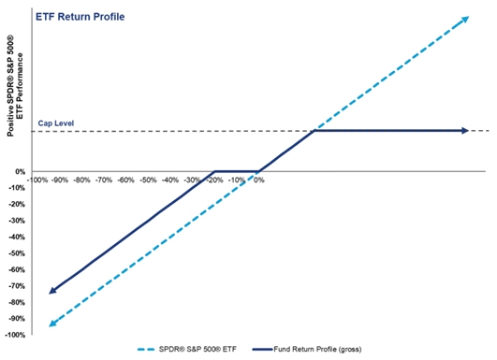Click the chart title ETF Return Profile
pyautogui.click(x=80, y=17)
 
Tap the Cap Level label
pyautogui.click(x=56, y=123)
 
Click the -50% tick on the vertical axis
pyautogui.click(x=17, y=253)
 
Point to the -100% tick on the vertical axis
pyautogui.click(x=15, y=335)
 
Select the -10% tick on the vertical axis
pyautogui.click(x=17, y=188)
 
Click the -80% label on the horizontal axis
pyautogui.click(x=81, y=180)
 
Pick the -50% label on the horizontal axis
pyautogui.click(x=148, y=180)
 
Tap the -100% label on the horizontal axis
pyautogui.click(x=37, y=180)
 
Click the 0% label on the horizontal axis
pyautogui.click(x=259, y=180)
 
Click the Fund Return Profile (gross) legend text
pyautogui.click(x=317, y=349)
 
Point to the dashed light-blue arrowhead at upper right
pyautogui.click(x=465, y=20)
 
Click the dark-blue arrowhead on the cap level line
pyautogui.click(x=465, y=131)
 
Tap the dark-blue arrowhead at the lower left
pyautogui.click(x=52, y=291)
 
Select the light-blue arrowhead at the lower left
pyautogui.click(x=52, y=324)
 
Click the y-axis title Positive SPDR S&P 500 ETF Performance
pyautogui.click(x=15, y=86)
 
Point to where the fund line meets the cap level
pyautogui.click(x=314, y=131)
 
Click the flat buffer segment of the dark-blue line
pyautogui.click(x=237, y=171)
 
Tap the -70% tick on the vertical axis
pyautogui.click(x=17, y=286)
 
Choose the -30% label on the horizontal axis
pyautogui.click(x=193, y=180)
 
